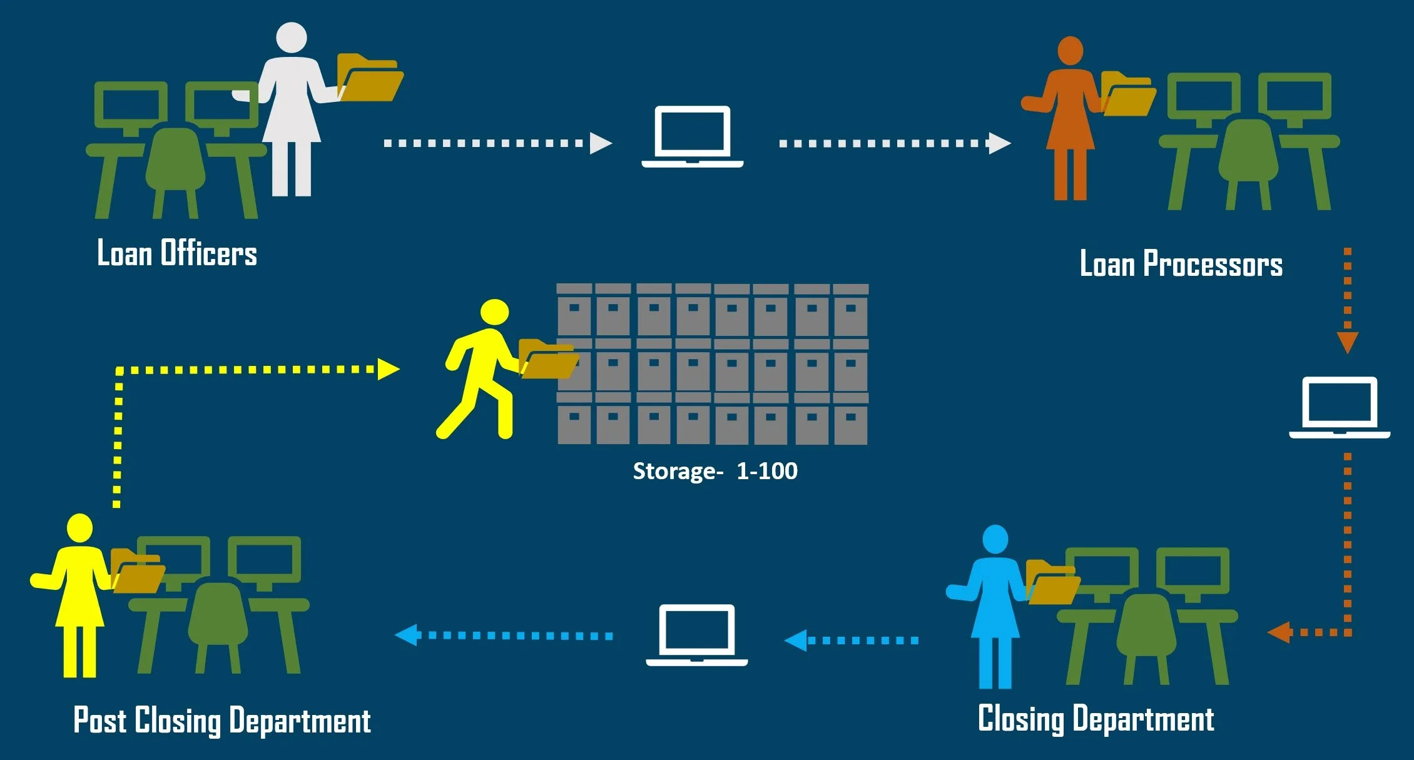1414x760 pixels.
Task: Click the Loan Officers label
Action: coord(177,253)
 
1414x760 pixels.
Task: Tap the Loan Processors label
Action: coord(1181,264)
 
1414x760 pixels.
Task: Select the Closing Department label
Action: coord(1096,719)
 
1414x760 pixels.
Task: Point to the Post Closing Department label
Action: coord(222,721)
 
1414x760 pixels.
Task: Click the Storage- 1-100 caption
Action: coord(715,471)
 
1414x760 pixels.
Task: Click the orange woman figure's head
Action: coord(1070,50)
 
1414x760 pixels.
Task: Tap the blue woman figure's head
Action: coord(995,539)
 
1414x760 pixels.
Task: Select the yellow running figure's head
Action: coord(494,312)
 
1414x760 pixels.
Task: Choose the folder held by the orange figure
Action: coord(1127,94)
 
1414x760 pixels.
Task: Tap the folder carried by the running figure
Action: coord(547,360)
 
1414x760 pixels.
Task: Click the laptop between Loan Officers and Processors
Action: coord(692,136)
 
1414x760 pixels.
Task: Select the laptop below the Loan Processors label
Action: coord(1340,407)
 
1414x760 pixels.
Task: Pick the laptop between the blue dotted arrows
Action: coord(697,634)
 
